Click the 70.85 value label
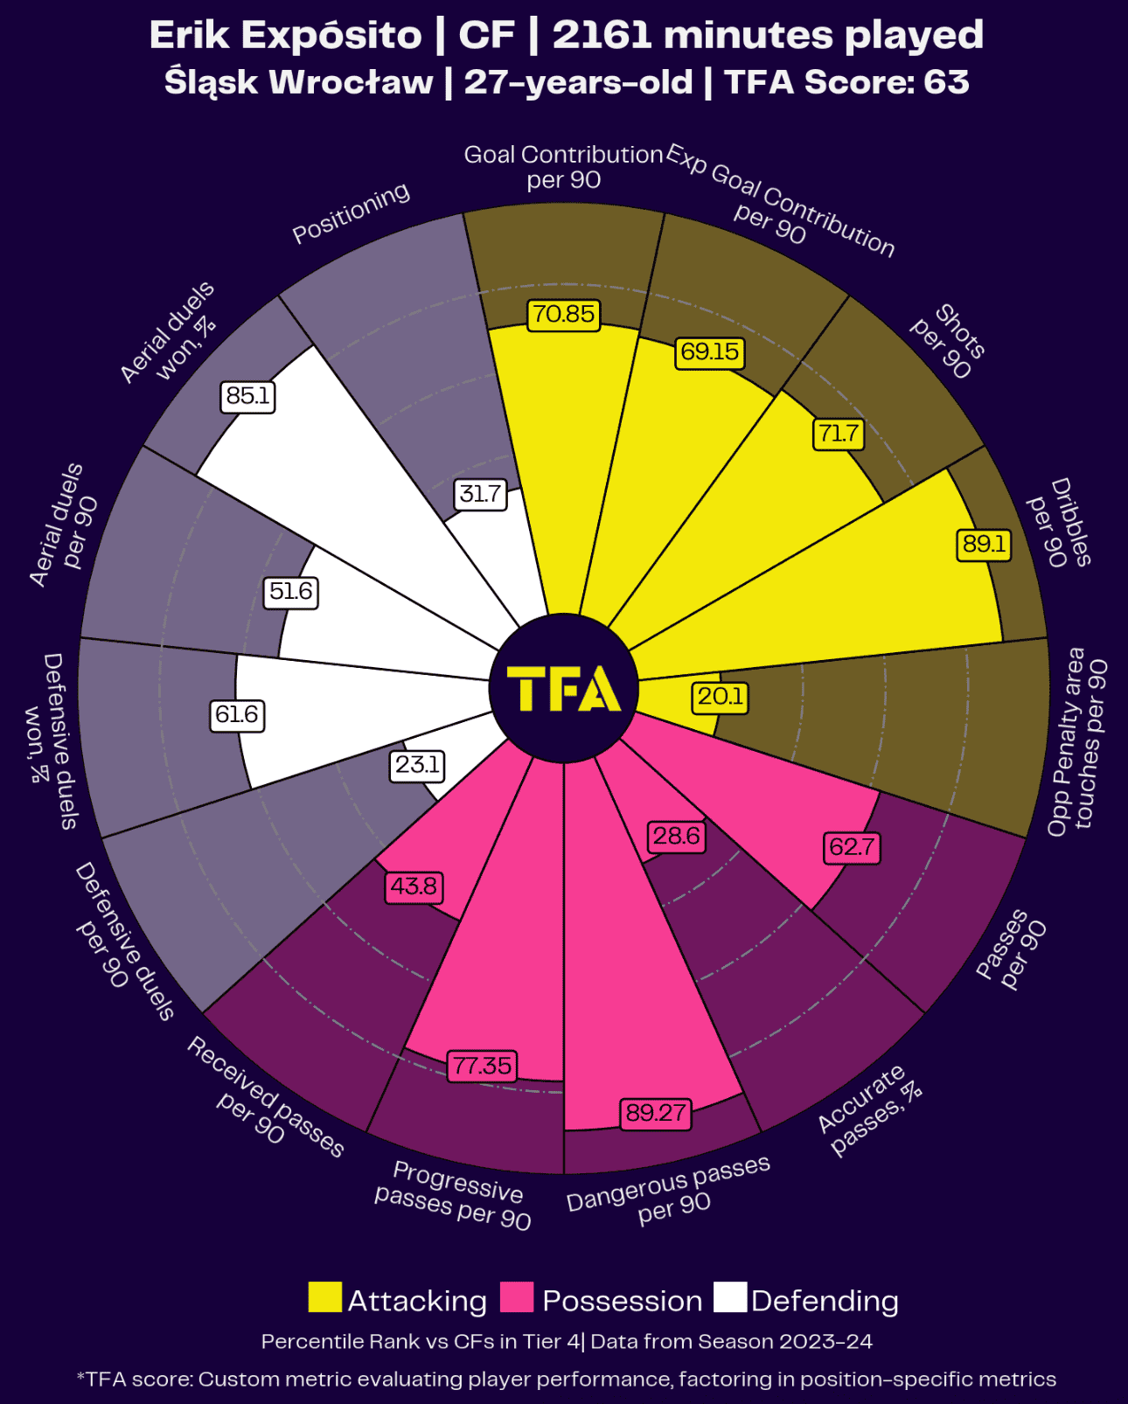tap(564, 314)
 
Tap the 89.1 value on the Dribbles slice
tap(984, 544)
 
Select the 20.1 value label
tap(721, 697)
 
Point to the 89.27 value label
tap(656, 1113)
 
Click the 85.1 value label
tap(247, 396)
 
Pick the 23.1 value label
tap(417, 765)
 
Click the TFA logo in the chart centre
tap(564, 688)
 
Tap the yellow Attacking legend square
tap(324, 1297)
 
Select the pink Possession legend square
tap(517, 1297)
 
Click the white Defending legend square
tap(730, 1297)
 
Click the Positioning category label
tap(351, 212)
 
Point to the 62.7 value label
tap(852, 847)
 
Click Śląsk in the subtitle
tap(211, 82)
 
